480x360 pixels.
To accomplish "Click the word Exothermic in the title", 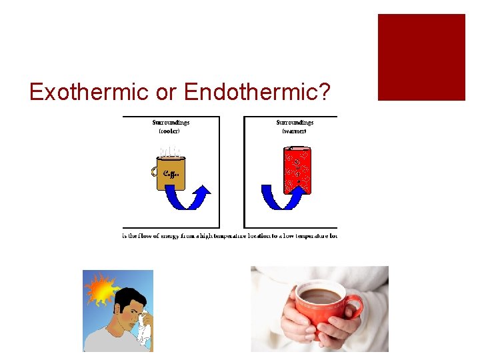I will [89, 92].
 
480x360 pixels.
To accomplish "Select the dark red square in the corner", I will [421, 57].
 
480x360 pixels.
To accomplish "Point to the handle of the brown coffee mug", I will [155, 172].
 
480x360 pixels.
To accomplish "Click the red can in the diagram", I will [297, 168].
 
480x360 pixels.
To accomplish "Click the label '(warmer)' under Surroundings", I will [295, 131].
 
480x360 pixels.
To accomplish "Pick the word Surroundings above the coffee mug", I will [171, 123].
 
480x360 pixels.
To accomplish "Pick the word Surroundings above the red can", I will [295, 123].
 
